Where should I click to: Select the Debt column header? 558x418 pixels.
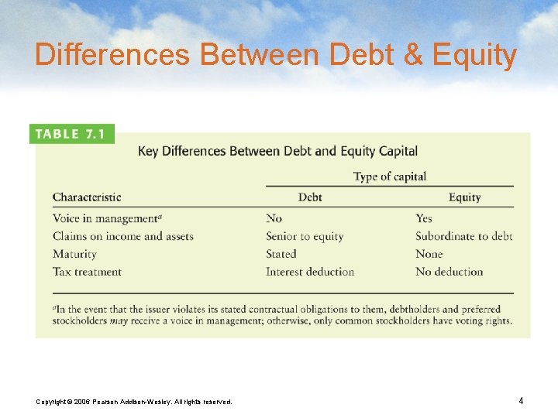310,197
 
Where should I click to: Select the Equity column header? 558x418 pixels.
464,197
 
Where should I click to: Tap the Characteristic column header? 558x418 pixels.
87,197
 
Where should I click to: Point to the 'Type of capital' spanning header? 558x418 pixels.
389,176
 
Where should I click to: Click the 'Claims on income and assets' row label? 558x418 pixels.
122,236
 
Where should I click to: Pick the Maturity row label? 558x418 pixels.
74,254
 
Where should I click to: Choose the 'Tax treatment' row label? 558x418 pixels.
87,272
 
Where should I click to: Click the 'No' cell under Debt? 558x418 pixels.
274,218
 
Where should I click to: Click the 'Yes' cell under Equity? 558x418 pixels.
424,218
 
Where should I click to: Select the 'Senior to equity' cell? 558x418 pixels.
305,236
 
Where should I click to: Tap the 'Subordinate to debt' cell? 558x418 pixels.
463,236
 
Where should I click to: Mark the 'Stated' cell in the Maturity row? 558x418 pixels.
281,254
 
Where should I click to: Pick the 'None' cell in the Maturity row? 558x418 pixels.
429,254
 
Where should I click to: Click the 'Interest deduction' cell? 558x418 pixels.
310,272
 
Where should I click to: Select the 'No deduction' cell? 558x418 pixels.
449,272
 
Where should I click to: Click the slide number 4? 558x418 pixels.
521,400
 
